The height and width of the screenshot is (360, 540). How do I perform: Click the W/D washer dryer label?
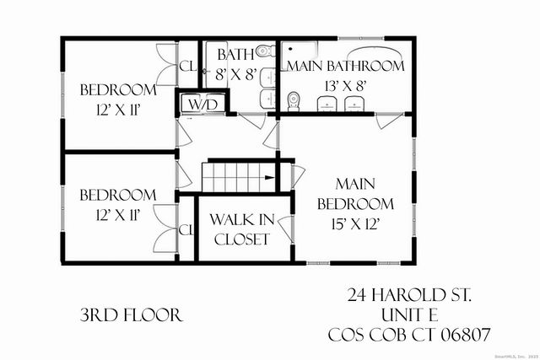click(202, 105)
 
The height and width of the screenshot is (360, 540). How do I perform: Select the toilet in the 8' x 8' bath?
click(262, 51)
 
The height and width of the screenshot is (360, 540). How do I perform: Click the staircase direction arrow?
click(267, 177)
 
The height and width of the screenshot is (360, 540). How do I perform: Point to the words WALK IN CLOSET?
click(241, 228)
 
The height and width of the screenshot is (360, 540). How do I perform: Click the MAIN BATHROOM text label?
click(346, 66)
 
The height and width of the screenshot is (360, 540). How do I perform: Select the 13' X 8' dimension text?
click(346, 84)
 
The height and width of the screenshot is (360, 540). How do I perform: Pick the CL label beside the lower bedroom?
click(187, 230)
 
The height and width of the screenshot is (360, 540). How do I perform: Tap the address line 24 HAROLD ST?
click(410, 296)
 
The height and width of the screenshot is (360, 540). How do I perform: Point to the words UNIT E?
click(410, 315)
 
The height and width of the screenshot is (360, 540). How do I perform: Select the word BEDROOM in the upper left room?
click(118, 90)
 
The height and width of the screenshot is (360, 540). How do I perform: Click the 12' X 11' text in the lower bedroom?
click(118, 215)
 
